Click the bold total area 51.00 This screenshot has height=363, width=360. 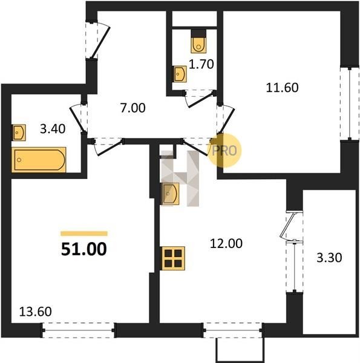(84, 249)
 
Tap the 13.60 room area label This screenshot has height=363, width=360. (35, 312)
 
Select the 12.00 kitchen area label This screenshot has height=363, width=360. (226, 244)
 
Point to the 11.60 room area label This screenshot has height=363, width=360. (282, 88)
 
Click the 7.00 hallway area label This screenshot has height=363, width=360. (133, 108)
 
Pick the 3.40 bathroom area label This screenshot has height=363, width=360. (53, 129)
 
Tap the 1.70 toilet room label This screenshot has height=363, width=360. (201, 64)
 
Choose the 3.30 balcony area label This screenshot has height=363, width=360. (329, 258)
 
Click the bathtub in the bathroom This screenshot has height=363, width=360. (39, 160)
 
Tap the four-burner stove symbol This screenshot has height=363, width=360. (173, 258)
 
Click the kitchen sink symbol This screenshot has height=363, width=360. (171, 194)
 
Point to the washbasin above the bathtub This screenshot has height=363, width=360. (19, 132)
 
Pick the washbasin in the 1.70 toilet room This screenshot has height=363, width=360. (180, 74)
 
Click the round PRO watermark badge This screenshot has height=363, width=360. (224, 150)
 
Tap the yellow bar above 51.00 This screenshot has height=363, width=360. (84, 234)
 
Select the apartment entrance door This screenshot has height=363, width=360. (100, 41)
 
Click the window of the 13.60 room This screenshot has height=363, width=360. (79, 330)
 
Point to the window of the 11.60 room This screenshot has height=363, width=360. (350, 103)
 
